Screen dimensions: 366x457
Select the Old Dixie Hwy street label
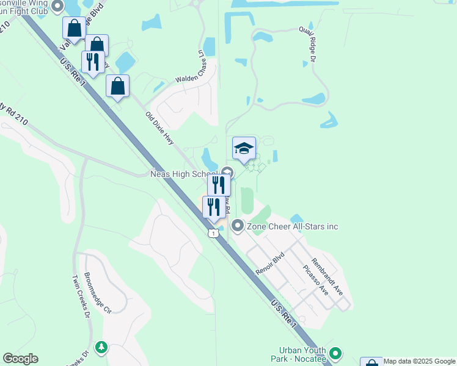[x=160, y=129]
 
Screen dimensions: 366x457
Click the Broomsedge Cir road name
[x=98, y=293]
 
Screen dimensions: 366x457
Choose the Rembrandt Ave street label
[x=327, y=277]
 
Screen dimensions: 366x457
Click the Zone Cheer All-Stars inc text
[x=293, y=227]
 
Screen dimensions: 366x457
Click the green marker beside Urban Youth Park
[x=335, y=353]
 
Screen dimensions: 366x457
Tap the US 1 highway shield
[x=212, y=233]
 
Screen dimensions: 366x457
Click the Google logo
[x=20, y=359]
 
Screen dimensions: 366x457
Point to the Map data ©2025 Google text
[x=419, y=361]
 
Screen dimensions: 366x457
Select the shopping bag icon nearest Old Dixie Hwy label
[x=117, y=87]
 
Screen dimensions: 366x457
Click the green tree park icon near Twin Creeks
[x=101, y=348]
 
